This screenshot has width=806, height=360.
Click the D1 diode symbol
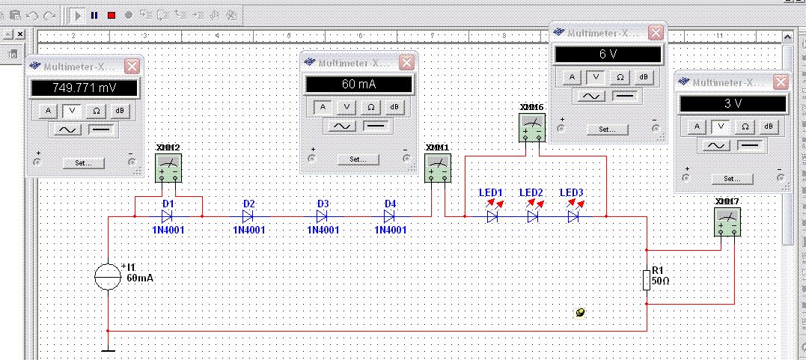167,216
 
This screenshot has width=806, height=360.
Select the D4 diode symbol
390,216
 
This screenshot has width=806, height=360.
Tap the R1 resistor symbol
647,280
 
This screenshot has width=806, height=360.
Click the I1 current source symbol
108,276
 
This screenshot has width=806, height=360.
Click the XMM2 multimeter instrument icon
168,168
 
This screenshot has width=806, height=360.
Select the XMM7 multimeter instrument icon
727,221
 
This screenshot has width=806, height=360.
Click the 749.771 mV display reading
85,88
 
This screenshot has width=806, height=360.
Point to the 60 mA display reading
358,84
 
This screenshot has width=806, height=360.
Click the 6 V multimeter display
608,55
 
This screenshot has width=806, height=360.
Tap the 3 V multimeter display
733,103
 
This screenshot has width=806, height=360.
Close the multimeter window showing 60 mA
406,63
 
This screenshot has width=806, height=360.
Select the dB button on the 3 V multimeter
768,126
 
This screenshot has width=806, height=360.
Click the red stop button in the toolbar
111,16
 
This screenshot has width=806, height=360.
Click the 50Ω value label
660,281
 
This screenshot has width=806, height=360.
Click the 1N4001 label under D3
323,230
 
